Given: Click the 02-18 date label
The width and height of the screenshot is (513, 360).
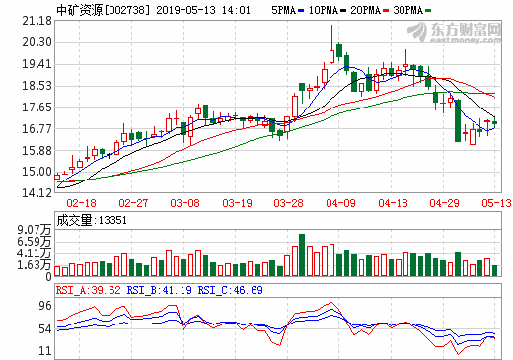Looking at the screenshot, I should pyautogui.click(x=82, y=203).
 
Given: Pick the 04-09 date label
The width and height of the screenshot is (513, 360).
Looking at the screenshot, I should pyautogui.click(x=342, y=203).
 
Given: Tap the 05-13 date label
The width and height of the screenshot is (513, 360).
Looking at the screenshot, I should pyautogui.click(x=496, y=203).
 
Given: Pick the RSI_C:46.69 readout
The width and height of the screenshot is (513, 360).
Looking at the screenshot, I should pyautogui.click(x=231, y=290).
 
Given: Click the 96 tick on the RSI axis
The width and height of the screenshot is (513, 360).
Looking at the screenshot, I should pyautogui.click(x=44, y=305).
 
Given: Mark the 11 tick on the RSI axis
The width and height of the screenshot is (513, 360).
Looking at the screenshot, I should pyautogui.click(x=44, y=350).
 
